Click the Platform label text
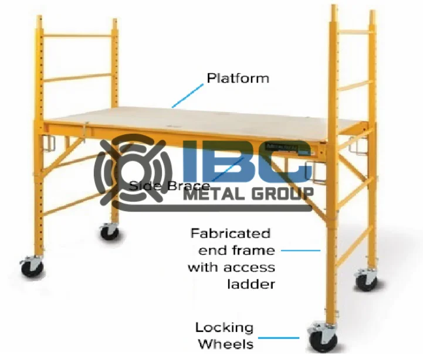click(x=238, y=78)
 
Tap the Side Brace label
click(x=169, y=186)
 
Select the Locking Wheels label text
click(x=224, y=335)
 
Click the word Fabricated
click(x=230, y=233)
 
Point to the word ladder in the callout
click(x=251, y=284)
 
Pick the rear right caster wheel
click(x=367, y=281)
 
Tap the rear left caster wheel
click(x=109, y=231)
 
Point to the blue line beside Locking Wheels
click(x=279, y=337)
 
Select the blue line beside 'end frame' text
click(x=301, y=250)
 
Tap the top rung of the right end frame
click(x=354, y=30)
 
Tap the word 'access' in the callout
click(x=251, y=267)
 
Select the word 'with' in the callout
click(x=202, y=267)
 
